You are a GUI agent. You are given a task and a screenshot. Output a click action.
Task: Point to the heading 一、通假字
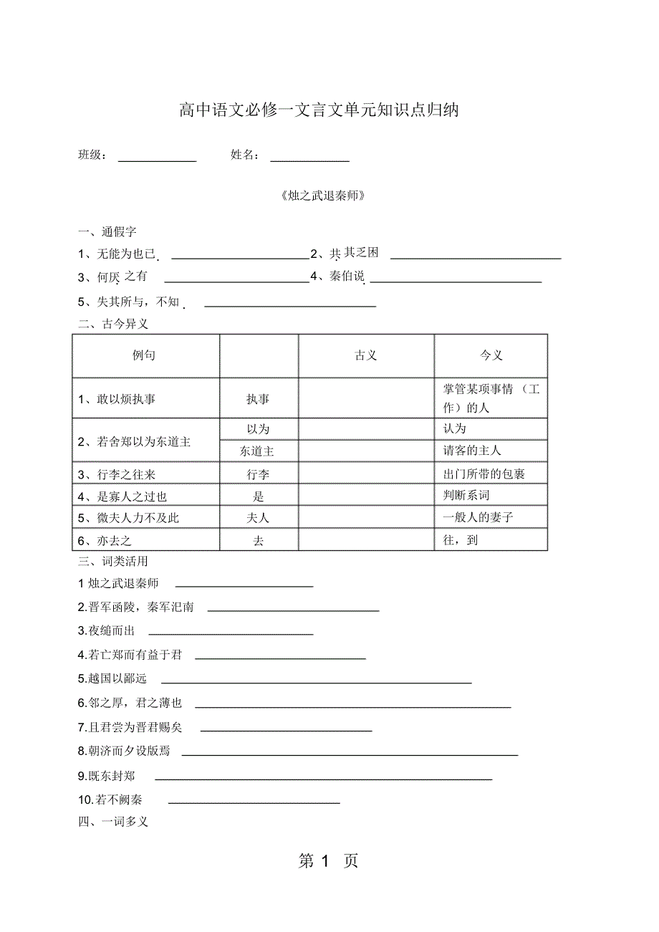click(x=107, y=232)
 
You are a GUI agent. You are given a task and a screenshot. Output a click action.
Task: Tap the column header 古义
click(x=366, y=355)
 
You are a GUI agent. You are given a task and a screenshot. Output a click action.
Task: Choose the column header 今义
click(x=491, y=355)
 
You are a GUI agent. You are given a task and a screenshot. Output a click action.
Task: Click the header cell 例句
click(x=144, y=355)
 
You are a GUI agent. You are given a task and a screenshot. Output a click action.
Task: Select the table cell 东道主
click(x=258, y=451)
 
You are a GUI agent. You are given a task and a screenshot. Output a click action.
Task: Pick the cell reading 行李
click(x=258, y=474)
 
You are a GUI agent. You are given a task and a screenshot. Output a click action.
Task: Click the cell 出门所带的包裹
click(x=485, y=474)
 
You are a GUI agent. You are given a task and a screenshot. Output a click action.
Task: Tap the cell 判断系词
click(x=467, y=495)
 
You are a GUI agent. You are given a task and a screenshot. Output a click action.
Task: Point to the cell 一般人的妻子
click(x=478, y=517)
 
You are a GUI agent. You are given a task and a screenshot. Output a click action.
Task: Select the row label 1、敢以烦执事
click(x=117, y=399)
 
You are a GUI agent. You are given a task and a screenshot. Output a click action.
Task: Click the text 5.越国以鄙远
click(x=112, y=678)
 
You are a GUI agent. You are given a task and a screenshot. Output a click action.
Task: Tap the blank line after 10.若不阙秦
click(x=254, y=802)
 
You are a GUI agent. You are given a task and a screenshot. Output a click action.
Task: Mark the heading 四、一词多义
click(x=113, y=822)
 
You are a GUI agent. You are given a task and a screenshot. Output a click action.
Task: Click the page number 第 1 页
click(x=328, y=861)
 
